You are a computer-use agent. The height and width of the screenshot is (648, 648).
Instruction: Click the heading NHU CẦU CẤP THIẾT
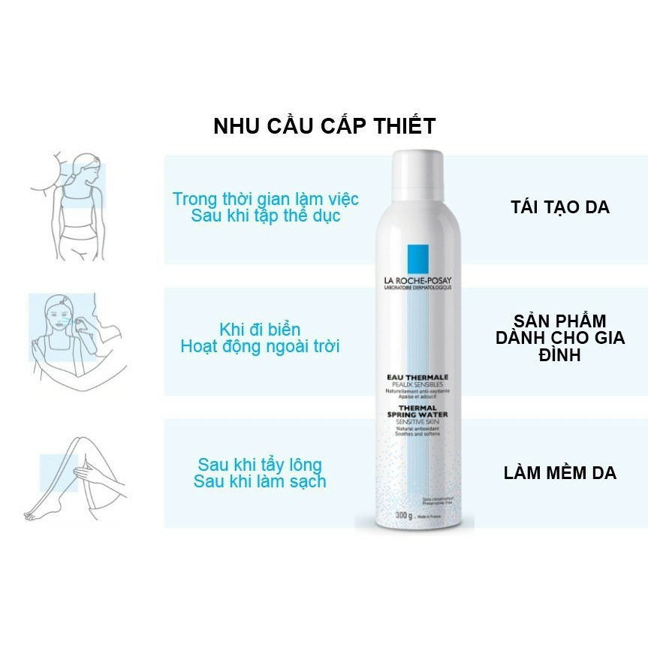pyautogui.click(x=324, y=125)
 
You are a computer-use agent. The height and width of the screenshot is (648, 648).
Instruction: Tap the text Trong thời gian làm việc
pyautogui.click(x=266, y=199)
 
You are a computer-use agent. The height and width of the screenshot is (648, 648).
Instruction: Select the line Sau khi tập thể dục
pyautogui.click(x=266, y=216)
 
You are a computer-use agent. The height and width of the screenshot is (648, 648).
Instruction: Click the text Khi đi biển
pyautogui.click(x=260, y=330)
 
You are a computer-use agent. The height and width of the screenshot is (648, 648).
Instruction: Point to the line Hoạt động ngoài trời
pyautogui.click(x=260, y=347)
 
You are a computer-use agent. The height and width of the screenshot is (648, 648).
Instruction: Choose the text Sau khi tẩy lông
pyautogui.click(x=260, y=464)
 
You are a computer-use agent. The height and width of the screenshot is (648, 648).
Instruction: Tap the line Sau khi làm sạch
pyautogui.click(x=260, y=481)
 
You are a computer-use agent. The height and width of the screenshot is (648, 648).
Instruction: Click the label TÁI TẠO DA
pyautogui.click(x=559, y=207)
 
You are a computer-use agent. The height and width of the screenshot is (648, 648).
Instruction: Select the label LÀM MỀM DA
pyautogui.click(x=559, y=473)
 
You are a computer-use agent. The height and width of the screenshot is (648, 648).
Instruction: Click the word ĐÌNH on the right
pyautogui.click(x=559, y=354)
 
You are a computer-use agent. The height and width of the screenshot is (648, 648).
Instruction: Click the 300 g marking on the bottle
pyautogui.click(x=405, y=515)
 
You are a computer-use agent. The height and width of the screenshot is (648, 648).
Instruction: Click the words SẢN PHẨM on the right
pyautogui.click(x=559, y=321)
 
